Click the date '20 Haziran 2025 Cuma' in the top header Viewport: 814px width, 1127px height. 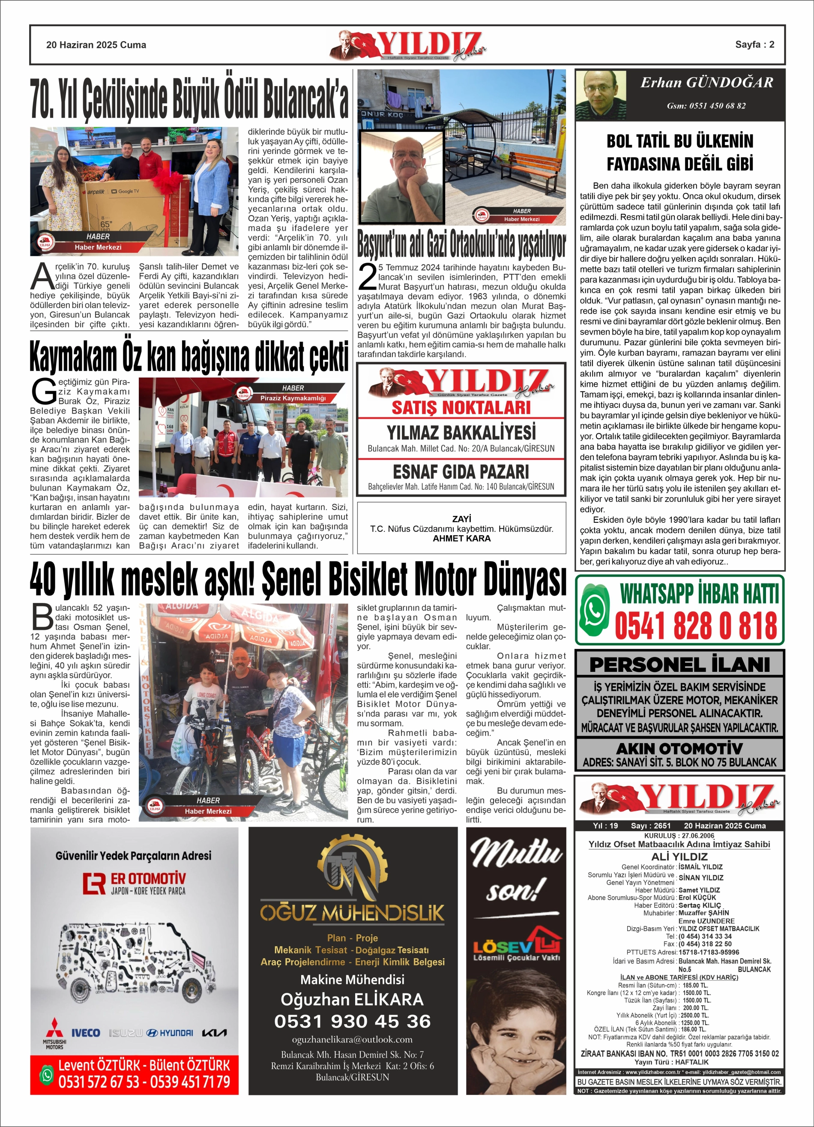click(96, 45)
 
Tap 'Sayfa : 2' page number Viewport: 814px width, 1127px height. click(754, 44)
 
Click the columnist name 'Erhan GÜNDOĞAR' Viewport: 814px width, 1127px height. click(706, 82)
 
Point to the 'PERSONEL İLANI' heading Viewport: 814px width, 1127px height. click(679, 664)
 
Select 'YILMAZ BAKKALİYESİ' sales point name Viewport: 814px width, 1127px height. click(461, 432)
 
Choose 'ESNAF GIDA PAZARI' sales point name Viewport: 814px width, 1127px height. click(461, 471)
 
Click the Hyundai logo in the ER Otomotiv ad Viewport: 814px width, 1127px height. click(170, 1033)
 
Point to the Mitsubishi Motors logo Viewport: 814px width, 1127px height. click(55, 1036)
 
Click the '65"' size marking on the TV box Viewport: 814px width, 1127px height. click(106, 225)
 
